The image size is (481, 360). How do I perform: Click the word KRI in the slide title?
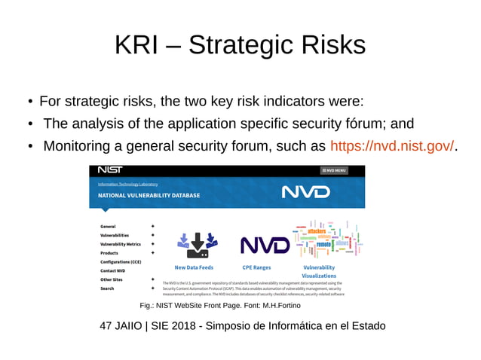133,46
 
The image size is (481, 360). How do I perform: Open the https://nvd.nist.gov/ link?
393,145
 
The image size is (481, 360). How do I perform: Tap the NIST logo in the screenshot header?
110,170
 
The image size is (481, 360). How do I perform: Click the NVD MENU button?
333,171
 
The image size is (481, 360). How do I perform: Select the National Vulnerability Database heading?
149,195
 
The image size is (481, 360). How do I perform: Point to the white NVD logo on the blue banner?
305,192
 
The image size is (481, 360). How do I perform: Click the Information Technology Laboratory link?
127,184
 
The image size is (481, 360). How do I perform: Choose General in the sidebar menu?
108,226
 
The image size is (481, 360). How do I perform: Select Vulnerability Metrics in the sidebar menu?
121,244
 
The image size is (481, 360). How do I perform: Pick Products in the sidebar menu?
109,253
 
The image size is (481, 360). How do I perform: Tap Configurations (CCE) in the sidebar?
121,261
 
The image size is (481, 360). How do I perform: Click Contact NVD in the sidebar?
113,270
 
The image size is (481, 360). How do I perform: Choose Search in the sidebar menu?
107,288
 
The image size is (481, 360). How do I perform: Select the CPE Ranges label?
256,267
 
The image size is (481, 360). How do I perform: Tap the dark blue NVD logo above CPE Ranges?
265,246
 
